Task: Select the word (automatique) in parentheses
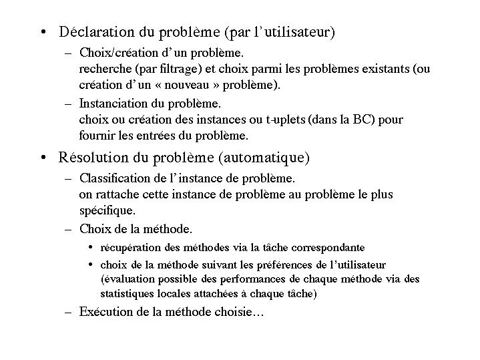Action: [272, 158]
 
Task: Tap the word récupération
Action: [130, 246]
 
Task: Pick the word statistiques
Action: [128, 293]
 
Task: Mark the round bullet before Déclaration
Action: [42, 32]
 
